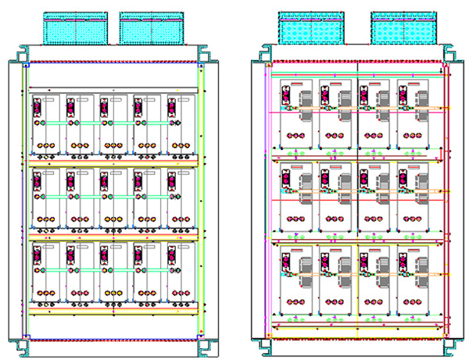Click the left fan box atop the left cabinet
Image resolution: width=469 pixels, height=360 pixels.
pos(76,27)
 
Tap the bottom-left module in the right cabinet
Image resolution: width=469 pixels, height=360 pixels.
pos(295,281)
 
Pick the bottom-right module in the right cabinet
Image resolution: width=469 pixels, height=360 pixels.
pos(414,281)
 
